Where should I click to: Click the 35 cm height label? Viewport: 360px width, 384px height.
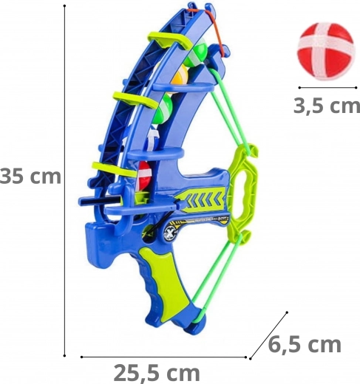click(x=30, y=176)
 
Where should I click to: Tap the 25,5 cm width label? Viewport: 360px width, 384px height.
click(x=157, y=374)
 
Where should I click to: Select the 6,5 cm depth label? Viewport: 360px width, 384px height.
click(x=305, y=345)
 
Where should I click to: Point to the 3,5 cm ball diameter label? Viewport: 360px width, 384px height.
click(x=327, y=106)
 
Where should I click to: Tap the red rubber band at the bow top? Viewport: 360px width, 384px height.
click(x=212, y=28)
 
